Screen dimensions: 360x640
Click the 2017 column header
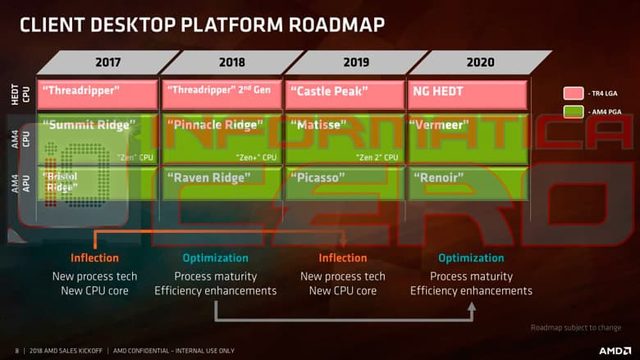[x=107, y=62]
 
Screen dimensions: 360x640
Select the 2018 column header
[x=232, y=62]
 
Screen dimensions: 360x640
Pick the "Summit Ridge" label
[x=88, y=125]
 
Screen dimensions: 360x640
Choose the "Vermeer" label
[x=441, y=125]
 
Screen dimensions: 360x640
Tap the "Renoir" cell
[x=441, y=176]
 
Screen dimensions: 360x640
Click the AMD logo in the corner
[x=615, y=350]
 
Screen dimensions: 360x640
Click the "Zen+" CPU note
[x=255, y=157]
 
